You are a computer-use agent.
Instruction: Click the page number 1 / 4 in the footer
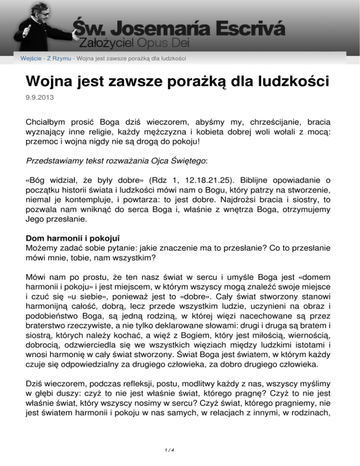tap(180, 452)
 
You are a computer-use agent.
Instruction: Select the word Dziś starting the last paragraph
tap(35, 380)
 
